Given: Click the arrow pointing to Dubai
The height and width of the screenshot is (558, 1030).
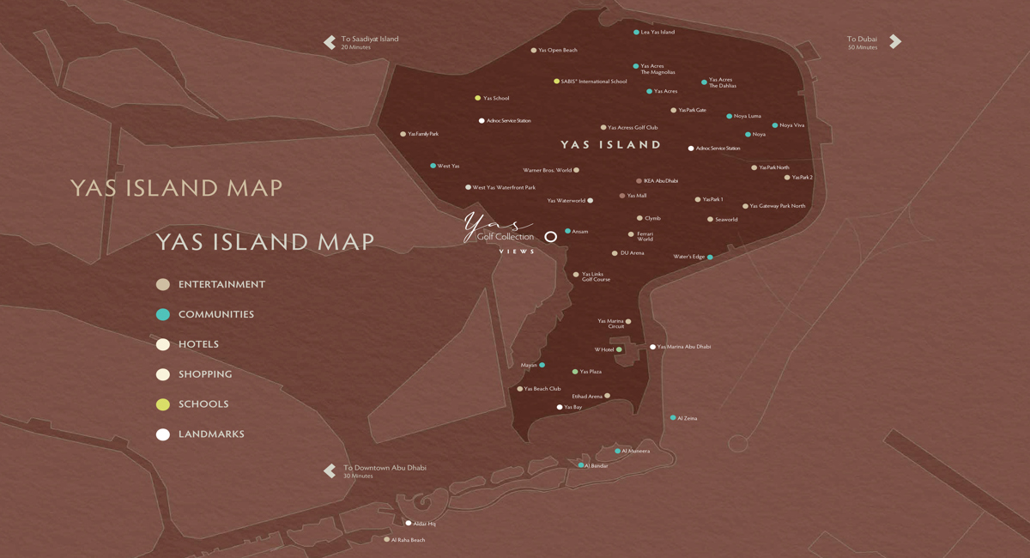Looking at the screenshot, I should [x=895, y=41].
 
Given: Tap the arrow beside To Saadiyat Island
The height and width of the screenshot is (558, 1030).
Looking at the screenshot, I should [x=330, y=42].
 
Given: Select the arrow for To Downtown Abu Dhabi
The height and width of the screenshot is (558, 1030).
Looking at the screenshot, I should [x=330, y=470].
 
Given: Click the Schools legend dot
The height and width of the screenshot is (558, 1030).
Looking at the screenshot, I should [x=162, y=404].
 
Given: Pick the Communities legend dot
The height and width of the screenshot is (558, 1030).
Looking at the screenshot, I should [x=162, y=314].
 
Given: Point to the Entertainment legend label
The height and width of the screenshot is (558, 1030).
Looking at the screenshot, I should [x=221, y=284].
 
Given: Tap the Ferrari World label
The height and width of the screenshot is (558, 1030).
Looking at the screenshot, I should [x=645, y=236].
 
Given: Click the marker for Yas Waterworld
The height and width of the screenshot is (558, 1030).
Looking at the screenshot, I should [x=591, y=201].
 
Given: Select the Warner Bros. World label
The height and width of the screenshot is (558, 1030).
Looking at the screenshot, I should [x=547, y=170].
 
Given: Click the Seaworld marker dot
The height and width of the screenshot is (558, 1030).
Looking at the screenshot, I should [x=710, y=220].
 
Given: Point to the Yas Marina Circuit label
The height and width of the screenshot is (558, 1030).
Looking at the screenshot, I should [x=610, y=324].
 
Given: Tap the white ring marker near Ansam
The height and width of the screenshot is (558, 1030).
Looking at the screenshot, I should [x=550, y=236].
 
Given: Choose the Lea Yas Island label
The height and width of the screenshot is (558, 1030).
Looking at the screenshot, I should [x=657, y=32].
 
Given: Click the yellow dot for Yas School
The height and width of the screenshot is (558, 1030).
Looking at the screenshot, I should [x=478, y=98].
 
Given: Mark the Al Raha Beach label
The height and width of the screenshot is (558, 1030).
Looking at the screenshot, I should [x=408, y=540].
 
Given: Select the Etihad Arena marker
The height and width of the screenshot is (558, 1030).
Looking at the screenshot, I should [x=608, y=396].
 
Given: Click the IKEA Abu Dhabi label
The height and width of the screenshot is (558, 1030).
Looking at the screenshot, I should [x=661, y=181].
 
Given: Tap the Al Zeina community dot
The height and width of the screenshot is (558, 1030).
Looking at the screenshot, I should [x=673, y=418].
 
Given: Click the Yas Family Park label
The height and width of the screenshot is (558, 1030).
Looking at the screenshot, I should [x=423, y=134].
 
